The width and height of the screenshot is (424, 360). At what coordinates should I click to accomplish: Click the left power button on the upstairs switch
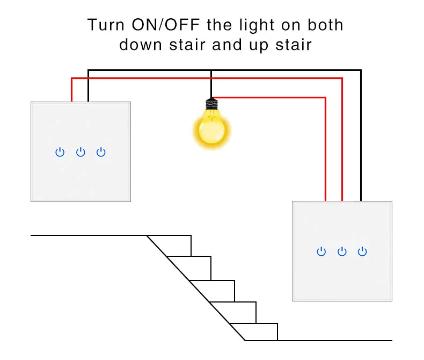click(60, 153)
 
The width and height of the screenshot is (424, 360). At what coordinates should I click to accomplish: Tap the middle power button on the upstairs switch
click(81, 153)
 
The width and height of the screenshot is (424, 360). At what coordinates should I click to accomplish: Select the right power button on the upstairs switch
click(101, 153)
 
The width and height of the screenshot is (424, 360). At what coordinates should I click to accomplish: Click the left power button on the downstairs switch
click(321, 251)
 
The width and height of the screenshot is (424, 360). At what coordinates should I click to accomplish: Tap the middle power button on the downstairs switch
click(342, 251)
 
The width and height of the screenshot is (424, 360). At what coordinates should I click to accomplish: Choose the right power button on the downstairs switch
click(363, 251)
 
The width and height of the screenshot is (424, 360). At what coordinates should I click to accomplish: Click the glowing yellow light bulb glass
click(211, 129)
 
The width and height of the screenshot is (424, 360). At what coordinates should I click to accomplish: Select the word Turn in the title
click(107, 25)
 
